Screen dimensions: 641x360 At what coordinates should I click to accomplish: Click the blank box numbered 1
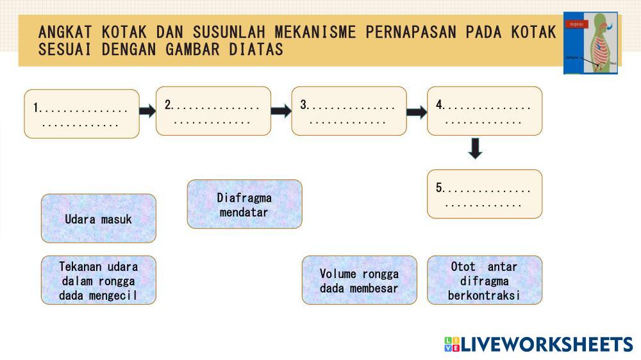coord(81,114)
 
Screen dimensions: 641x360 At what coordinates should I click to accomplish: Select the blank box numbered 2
coord(213,111)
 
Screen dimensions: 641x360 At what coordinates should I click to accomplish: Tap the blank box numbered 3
coord(349,111)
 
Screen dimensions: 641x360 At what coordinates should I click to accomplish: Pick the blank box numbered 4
coord(485,111)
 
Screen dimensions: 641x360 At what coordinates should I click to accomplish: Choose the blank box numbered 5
coord(485,194)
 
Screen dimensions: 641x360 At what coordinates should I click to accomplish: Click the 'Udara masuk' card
coord(99,218)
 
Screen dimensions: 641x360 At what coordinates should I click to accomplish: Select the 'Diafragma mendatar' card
coord(244,204)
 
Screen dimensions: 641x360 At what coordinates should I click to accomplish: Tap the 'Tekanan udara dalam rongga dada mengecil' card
coord(99,280)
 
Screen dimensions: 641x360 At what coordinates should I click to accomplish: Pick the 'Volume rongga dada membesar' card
coord(359,280)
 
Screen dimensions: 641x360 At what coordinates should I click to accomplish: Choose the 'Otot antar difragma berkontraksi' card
coord(485,280)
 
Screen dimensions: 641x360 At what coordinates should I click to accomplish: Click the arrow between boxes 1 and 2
coord(147,111)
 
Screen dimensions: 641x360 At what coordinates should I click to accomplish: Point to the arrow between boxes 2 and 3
coord(281,111)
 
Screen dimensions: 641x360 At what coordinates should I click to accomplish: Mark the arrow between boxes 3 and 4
coord(417,113)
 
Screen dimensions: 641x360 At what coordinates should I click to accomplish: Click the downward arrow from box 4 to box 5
coord(475,149)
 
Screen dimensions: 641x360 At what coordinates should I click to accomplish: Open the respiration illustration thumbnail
coord(590,42)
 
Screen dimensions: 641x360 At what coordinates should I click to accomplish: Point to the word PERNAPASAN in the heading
coord(413,31)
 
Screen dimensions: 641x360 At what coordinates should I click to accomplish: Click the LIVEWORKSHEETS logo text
coord(547,344)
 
